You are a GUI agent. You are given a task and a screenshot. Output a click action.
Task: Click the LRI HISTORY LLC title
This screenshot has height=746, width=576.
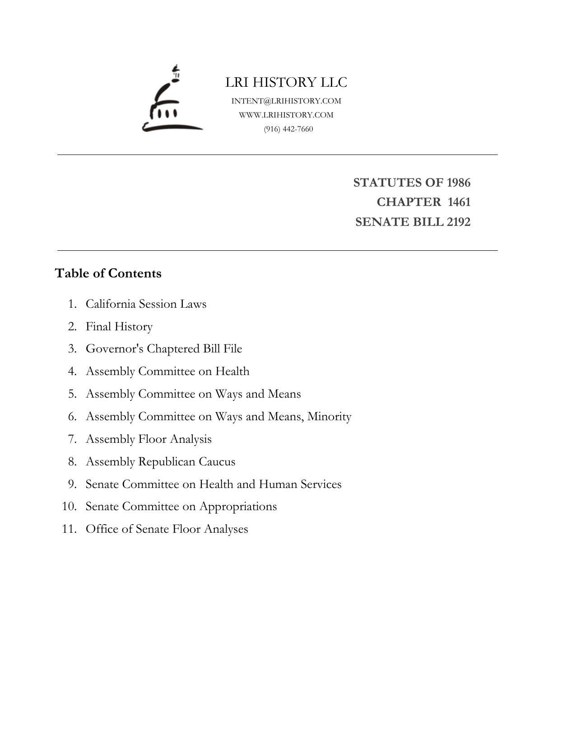pos(286,82)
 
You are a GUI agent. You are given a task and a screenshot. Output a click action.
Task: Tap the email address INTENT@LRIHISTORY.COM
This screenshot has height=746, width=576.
pos(286,101)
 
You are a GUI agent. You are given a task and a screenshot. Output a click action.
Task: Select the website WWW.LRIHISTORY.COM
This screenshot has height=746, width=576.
pos(286,115)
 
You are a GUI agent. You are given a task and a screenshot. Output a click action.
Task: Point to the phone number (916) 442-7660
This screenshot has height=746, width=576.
pos(288,129)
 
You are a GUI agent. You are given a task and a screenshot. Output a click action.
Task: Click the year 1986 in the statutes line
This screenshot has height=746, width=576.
pos(459,183)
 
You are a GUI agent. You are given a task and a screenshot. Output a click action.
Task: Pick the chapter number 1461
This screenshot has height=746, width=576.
pos(459,202)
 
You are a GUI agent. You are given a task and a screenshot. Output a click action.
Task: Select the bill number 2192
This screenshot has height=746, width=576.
pos(459,222)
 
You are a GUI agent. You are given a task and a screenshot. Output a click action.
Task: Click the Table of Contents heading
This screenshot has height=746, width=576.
pos(108,273)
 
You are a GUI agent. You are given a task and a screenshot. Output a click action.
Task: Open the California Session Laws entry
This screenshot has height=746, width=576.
pos(146,304)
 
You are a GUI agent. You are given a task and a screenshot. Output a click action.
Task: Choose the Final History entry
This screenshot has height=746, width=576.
pos(119,326)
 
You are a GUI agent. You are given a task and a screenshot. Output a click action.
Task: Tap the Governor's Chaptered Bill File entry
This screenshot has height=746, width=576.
pos(164,349)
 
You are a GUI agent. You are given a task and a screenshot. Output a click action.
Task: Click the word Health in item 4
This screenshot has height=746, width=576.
pos(232,371)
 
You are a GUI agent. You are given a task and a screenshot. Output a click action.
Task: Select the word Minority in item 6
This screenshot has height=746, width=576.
pos(329,416)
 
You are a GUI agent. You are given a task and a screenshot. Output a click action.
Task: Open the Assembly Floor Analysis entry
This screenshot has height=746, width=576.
pos(149,439)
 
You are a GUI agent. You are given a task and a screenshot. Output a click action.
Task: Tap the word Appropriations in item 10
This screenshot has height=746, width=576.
pos(238,507)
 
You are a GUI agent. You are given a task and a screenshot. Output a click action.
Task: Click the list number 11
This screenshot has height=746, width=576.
pos(69,529)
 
